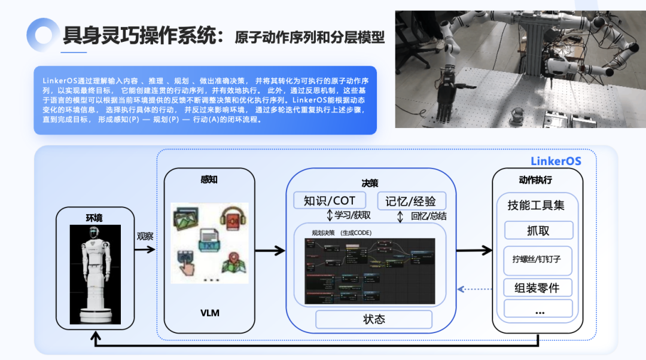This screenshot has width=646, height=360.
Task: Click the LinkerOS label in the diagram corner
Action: tap(556, 161)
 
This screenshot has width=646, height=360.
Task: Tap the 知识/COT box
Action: tap(330, 200)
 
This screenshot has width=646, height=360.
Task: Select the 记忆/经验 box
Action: tap(411, 200)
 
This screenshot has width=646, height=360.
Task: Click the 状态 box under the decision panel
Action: tap(374, 319)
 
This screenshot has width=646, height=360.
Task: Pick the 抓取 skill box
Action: tap(538, 230)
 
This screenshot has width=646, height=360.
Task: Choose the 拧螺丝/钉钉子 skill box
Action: tap(538, 260)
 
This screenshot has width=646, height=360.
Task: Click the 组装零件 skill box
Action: tap(538, 288)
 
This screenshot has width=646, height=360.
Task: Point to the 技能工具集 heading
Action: tap(536, 205)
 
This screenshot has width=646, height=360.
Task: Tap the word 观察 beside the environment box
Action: tap(145, 236)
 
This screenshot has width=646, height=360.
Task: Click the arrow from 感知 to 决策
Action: tap(270, 251)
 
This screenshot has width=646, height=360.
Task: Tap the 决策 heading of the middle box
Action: tap(370, 183)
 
